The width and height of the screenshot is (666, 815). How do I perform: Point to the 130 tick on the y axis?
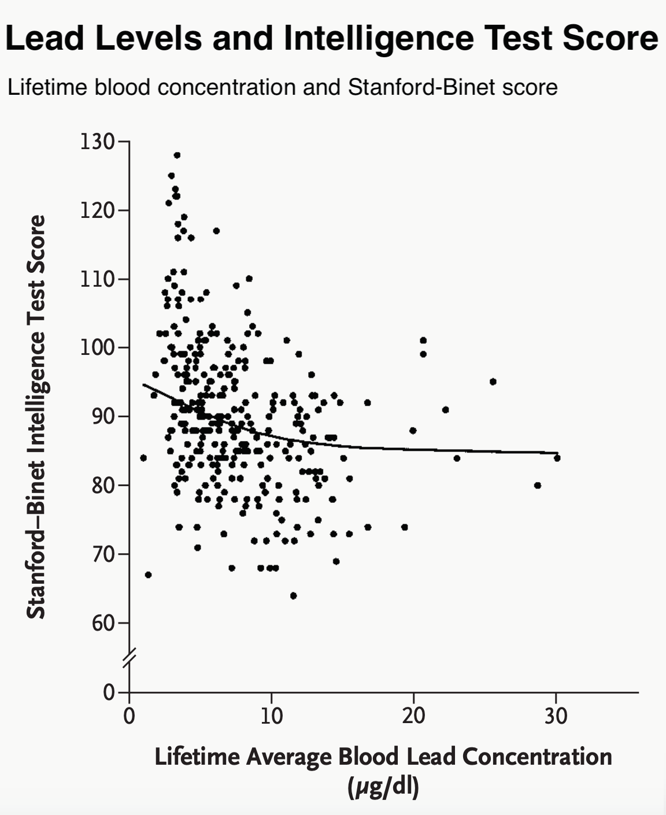click(98, 142)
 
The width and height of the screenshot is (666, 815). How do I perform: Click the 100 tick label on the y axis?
click(98, 348)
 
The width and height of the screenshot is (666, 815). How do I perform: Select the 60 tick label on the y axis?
click(103, 624)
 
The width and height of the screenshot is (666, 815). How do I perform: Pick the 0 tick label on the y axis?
click(109, 692)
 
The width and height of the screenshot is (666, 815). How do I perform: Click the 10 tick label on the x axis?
click(271, 716)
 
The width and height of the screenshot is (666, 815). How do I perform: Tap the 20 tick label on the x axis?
click(413, 716)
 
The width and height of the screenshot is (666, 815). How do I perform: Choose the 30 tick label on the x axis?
click(556, 716)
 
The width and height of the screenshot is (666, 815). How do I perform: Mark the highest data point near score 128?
click(177, 155)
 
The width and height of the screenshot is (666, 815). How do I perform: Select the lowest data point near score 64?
click(293, 596)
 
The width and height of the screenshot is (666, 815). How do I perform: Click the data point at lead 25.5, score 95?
click(493, 381)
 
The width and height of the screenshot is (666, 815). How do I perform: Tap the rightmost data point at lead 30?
click(557, 458)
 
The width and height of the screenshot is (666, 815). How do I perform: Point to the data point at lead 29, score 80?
click(538, 486)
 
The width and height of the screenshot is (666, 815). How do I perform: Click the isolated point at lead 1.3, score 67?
click(148, 575)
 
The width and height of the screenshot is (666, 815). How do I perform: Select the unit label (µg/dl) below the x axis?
click(383, 787)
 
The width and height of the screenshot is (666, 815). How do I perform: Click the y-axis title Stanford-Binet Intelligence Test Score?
click(36, 416)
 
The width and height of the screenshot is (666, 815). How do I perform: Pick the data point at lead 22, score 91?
click(445, 410)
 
